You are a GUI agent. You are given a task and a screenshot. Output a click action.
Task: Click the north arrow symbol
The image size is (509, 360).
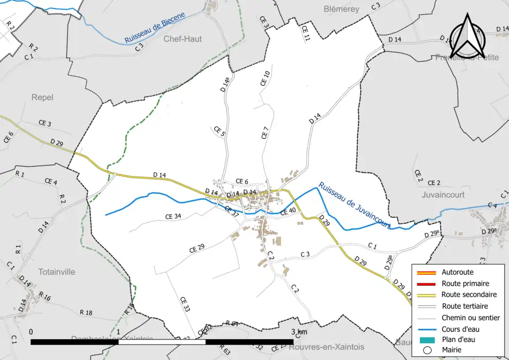(467, 36)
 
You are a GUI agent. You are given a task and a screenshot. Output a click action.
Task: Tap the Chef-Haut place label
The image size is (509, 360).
(182, 39)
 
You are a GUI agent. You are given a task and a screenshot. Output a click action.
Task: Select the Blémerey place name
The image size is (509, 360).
(341, 9)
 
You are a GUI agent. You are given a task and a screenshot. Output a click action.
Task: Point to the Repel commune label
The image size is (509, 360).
(42, 98)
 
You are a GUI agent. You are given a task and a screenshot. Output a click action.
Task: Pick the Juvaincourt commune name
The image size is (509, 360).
(443, 195)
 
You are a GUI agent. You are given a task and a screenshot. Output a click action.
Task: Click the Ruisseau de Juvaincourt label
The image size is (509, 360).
(355, 206)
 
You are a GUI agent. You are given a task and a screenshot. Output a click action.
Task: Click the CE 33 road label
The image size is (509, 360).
(185, 304)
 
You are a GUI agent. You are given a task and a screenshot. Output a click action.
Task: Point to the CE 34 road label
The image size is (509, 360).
(173, 216)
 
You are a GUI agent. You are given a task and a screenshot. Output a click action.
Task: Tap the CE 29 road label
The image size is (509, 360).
(197, 248)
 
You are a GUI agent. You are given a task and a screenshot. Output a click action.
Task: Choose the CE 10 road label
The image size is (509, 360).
(266, 78)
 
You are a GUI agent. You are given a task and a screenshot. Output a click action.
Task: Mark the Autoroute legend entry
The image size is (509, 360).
(457, 273)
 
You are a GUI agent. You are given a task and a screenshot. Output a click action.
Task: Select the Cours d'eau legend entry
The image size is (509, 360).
(459, 329)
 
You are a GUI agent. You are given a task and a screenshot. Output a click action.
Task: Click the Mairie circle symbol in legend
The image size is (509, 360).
(428, 350)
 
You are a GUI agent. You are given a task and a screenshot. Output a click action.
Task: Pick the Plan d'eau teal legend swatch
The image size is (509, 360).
(428, 339)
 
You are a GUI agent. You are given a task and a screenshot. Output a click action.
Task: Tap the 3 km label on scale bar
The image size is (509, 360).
(300, 332)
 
